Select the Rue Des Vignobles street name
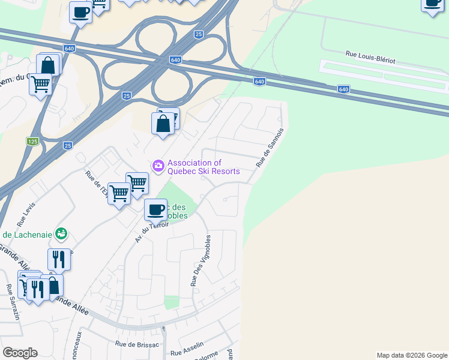click(x=200, y=260)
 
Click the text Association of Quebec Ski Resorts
click(x=203, y=167)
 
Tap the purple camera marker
click(x=158, y=165)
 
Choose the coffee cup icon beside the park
click(x=155, y=209)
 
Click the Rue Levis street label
click(x=29, y=212)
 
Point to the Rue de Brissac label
click(x=137, y=344)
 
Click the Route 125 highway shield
click(x=32, y=142)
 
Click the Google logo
click(x=20, y=353)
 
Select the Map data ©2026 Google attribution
click(x=412, y=355)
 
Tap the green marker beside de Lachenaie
click(x=61, y=233)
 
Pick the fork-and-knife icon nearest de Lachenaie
click(x=59, y=259)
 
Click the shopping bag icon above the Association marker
click(x=163, y=124)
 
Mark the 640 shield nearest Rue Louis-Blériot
click(x=343, y=89)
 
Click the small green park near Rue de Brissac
click(x=172, y=302)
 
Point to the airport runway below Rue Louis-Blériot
click(x=384, y=77)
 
